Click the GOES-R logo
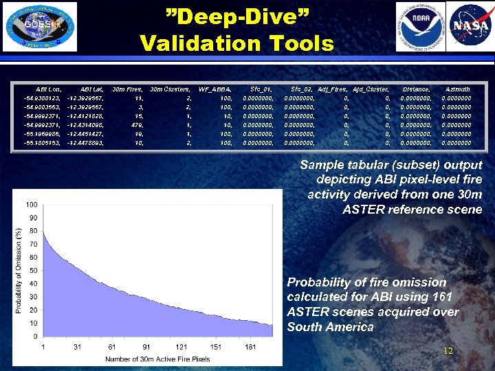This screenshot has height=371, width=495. (x=40, y=27)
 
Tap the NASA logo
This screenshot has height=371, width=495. (x=470, y=27)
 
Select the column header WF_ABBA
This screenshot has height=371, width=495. (x=214, y=89)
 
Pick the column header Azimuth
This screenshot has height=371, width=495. (x=458, y=89)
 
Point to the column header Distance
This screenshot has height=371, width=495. (x=416, y=89)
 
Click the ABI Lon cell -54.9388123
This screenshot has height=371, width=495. (x=43, y=98)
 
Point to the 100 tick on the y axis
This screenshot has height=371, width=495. (x=32, y=205)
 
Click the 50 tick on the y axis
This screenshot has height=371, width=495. (x=33, y=271)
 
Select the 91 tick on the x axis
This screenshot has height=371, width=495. (x=146, y=347)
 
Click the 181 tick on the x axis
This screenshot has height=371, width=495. (x=250, y=347)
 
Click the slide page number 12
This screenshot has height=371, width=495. (x=448, y=351)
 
